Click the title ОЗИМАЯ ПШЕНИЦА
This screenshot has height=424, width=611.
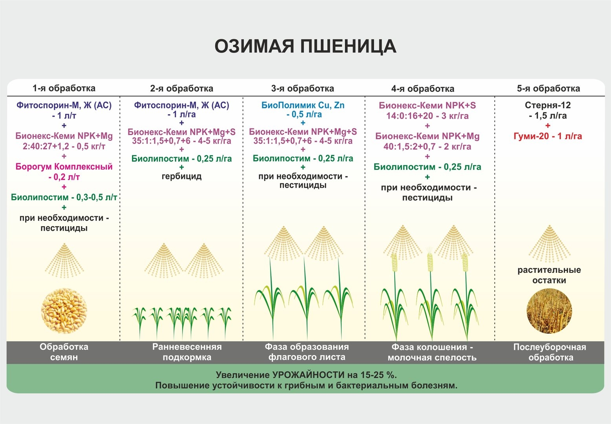coord(305,46)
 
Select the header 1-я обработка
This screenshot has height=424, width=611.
coord(64,88)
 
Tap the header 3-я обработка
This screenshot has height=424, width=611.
coord(302,88)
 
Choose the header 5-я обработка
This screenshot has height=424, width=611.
coord(548,88)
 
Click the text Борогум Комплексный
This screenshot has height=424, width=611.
coord(64,166)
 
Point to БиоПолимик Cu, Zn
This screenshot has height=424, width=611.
coord(303,105)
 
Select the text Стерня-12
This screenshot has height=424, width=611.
coord(548,105)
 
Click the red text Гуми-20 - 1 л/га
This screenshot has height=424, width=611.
coord(548,136)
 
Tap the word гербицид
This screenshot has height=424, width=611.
coord(181,176)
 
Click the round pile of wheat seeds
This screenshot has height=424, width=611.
coord(64,311)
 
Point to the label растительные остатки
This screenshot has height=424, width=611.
coord(549,275)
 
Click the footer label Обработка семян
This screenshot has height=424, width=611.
coord(64,352)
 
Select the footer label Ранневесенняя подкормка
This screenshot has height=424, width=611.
coord(187,352)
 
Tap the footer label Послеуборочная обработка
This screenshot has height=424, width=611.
coord(550,352)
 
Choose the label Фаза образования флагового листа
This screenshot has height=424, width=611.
coord(307,352)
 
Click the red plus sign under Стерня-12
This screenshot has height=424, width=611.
coord(548,126)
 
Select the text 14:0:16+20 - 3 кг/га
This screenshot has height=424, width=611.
coord(427,116)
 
